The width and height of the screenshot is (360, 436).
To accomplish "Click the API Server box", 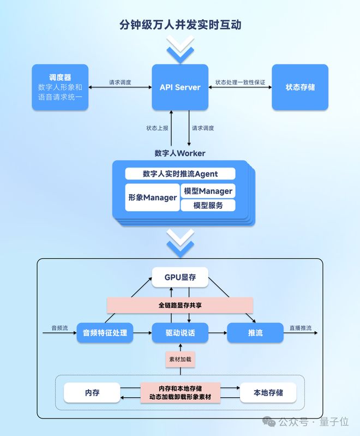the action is click(180, 87).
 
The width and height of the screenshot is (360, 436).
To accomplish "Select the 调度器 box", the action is click(60, 87).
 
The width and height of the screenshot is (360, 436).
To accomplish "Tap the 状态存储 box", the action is click(300, 87).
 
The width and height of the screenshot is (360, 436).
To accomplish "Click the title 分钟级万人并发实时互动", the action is click(180, 25).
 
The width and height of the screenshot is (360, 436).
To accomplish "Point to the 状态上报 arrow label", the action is click(157, 128).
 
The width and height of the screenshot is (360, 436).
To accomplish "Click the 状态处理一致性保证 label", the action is click(240, 82).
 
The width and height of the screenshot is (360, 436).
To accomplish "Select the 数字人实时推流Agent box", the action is click(180, 174).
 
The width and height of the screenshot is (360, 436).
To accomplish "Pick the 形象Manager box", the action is click(152, 198).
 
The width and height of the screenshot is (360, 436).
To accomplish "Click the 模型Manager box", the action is click(208, 191).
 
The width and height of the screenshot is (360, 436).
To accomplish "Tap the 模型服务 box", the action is click(208, 206).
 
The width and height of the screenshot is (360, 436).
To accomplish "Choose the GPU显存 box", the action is click(180, 277).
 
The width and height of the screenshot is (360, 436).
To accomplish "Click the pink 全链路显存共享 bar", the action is click(180, 306).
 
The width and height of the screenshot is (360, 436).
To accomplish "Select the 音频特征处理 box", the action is click(105, 333).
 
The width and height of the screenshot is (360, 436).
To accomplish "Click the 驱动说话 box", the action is click(180, 333).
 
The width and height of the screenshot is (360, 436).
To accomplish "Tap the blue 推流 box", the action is click(255, 333).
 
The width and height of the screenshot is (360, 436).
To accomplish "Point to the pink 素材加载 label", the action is click(180, 359).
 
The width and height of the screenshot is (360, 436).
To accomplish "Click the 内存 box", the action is click(92, 393).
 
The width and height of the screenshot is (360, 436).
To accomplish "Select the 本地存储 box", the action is click(268, 393).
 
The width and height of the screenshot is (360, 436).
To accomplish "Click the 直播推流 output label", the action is click(301, 328).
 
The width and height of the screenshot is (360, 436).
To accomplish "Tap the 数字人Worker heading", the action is click(180, 153).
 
